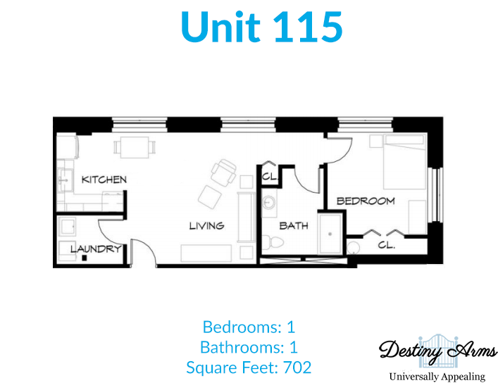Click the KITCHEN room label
tap(104, 180)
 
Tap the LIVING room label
tap(207, 226)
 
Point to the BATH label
tap(294, 226)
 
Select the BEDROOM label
tap(366, 201)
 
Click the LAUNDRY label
tap(96, 249)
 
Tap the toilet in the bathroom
tap(273, 243)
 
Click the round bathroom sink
tap(269, 202)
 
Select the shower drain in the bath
tap(330, 234)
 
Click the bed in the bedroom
tap(404, 162)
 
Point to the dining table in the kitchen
tap(135, 147)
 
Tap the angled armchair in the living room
tap(223, 172)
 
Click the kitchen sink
tap(65, 181)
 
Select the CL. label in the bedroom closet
tap(386, 245)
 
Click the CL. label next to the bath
tap(270, 176)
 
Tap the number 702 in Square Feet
tap(297, 368)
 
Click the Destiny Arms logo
tap(437, 357)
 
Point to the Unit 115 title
tap(262, 27)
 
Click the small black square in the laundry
tap(85, 258)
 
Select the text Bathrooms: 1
tap(249, 347)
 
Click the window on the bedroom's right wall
tap(435, 194)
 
